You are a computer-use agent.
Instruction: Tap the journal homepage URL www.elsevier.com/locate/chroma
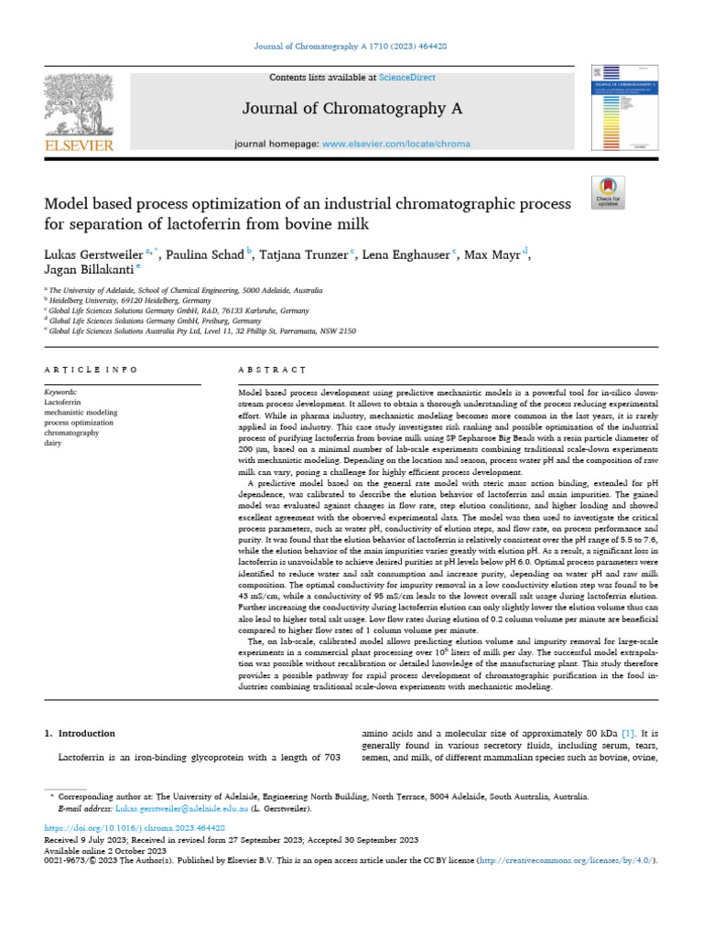pyautogui.click(x=384, y=145)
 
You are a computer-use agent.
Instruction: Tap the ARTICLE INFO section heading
pyautogui.click(x=92, y=370)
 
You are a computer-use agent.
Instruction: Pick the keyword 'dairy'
pyautogui.click(x=54, y=441)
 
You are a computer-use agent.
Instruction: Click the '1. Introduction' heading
pyautogui.click(x=81, y=733)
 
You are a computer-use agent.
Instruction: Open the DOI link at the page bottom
pyautogui.click(x=135, y=827)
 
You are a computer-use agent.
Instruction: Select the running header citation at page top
pyautogui.click(x=351, y=46)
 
